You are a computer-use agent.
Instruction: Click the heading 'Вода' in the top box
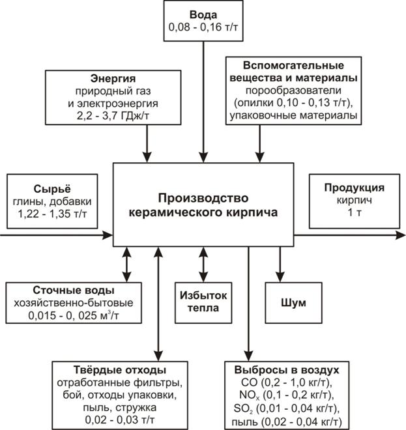coord(203,14)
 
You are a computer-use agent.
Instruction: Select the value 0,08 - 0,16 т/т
coord(203,27)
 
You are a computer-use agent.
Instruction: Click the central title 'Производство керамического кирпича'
coord(203,205)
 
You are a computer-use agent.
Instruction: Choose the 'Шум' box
coord(292,303)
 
